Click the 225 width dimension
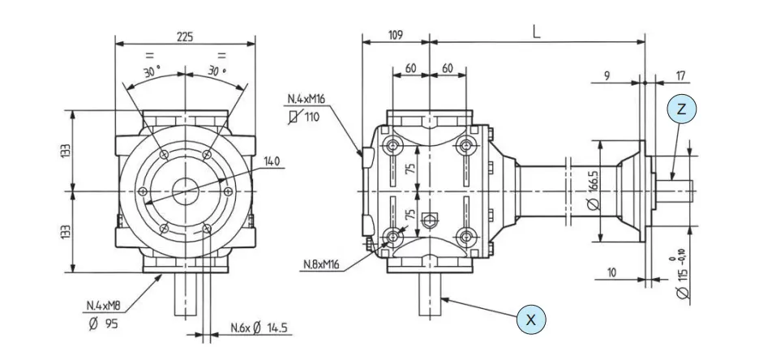click(185, 36)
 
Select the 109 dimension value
click(395, 36)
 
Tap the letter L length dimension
click(536, 32)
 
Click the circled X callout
click(531, 319)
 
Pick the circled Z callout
click(682, 109)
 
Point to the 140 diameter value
click(271, 162)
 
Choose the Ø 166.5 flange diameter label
click(594, 191)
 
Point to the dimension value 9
click(607, 77)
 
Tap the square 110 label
click(305, 117)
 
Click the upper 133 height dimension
click(66, 151)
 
